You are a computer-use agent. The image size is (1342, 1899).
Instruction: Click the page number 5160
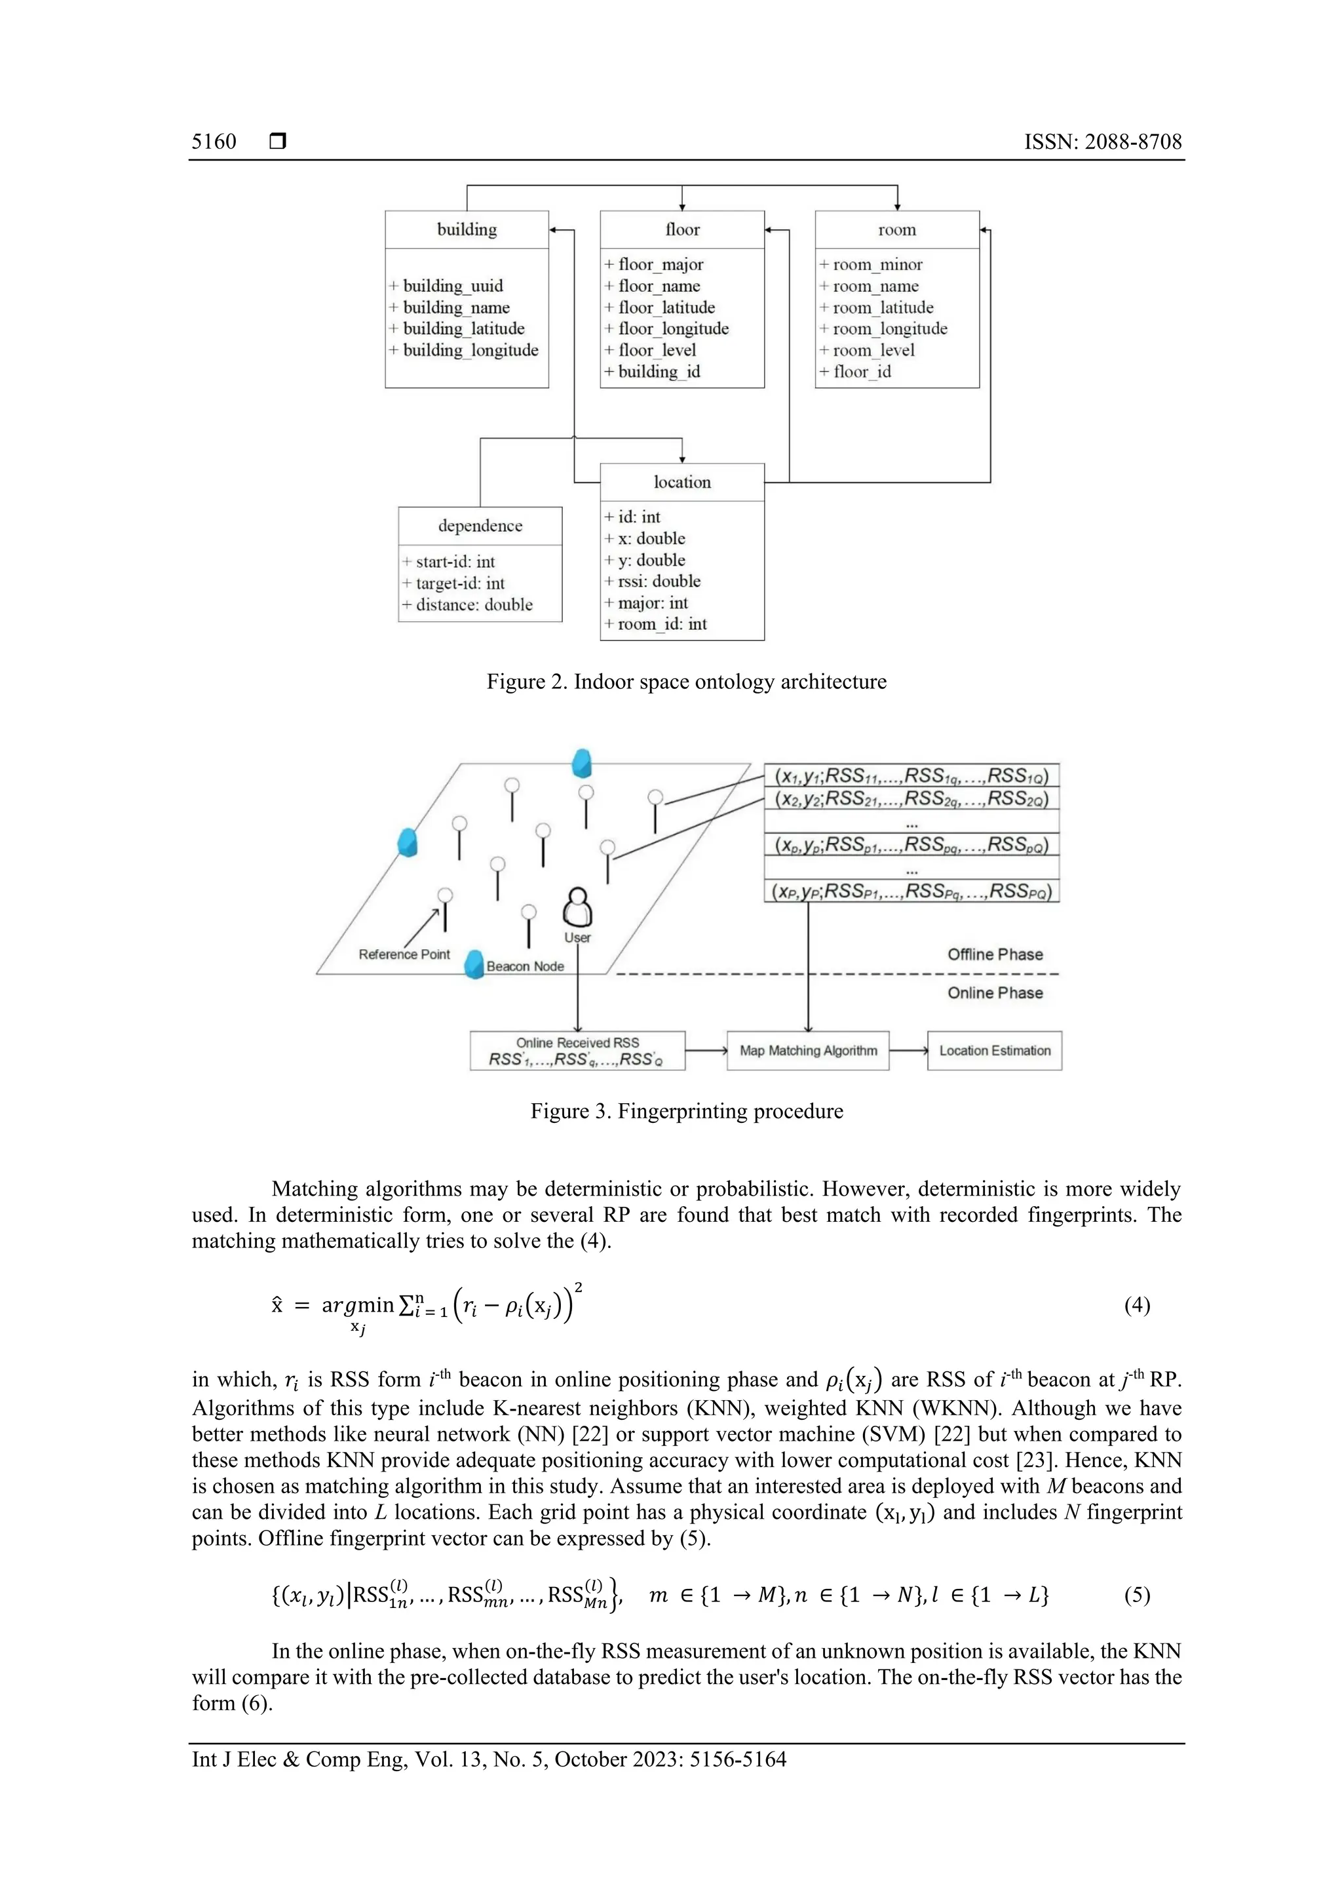214,142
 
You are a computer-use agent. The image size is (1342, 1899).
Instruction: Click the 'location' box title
682,482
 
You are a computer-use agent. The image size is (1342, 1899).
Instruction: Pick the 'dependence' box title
480,526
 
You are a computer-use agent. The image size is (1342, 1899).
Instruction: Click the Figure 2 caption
686,682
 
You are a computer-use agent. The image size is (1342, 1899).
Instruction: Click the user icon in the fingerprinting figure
577,908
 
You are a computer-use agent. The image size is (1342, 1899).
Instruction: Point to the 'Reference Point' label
404,954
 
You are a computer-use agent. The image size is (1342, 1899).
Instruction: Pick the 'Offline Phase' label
995,954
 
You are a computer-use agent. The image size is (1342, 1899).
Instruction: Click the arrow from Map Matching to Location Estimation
908,1050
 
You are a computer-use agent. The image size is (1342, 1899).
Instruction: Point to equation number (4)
1136,1305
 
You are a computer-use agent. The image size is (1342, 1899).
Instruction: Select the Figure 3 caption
686,1111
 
